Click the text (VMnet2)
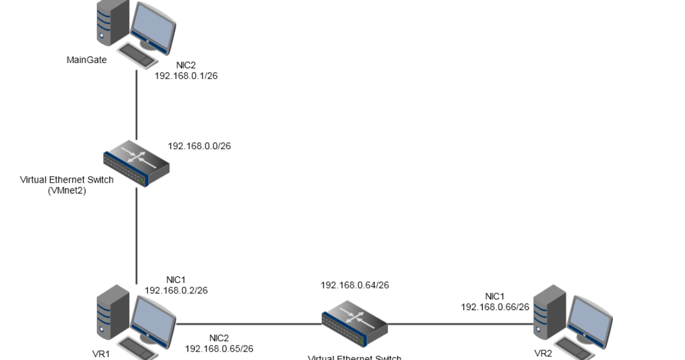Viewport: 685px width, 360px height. pyautogui.click(x=67, y=189)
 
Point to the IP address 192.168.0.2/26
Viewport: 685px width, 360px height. pyautogui.click(x=176, y=290)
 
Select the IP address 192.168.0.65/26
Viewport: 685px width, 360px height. pyautogui.click(x=219, y=348)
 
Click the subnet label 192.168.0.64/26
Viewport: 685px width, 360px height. pyautogui.click(x=355, y=285)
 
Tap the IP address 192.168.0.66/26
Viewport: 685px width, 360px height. pyautogui.click(x=495, y=307)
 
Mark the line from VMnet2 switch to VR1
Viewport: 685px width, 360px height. pyautogui.click(x=136, y=234)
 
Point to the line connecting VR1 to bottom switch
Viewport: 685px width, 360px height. pyautogui.click(x=246, y=324)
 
